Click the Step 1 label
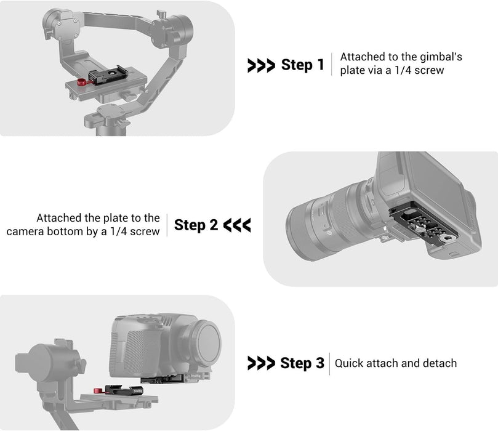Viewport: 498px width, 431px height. click(x=302, y=65)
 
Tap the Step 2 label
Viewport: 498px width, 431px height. click(x=196, y=225)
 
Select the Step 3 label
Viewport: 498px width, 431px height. click(x=302, y=363)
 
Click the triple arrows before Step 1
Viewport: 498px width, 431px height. click(x=260, y=65)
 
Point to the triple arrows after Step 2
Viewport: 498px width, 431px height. click(x=237, y=225)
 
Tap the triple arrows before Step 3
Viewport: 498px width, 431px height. click(x=260, y=364)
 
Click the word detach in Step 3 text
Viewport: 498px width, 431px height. click(x=440, y=363)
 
